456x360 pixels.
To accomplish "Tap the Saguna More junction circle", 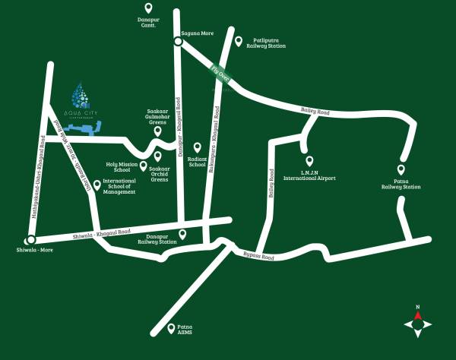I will pyautogui.click(x=177, y=42).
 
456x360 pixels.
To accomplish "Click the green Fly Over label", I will pyautogui.click(x=220, y=75).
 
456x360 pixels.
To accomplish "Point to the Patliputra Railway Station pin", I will pyautogui.click(x=238, y=42).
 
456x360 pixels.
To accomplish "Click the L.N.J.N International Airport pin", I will pyautogui.click(x=309, y=161).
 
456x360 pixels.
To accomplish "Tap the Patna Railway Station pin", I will pyautogui.click(x=401, y=170).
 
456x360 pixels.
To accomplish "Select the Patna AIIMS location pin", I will pyautogui.click(x=171, y=328).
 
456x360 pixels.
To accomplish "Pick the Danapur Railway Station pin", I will pyautogui.click(x=182, y=234).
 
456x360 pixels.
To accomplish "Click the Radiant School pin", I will pyautogui.click(x=197, y=147).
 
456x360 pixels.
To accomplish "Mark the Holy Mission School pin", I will pyautogui.click(x=143, y=166).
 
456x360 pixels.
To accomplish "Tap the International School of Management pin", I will pyautogui.click(x=97, y=184).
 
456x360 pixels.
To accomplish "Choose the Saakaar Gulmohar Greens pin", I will pyautogui.click(x=157, y=131).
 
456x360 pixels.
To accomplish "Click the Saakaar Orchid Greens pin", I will pyautogui.click(x=158, y=156).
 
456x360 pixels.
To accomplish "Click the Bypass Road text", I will pyautogui.click(x=258, y=256).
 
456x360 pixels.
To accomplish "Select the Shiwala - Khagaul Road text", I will pyautogui.click(x=101, y=233).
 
